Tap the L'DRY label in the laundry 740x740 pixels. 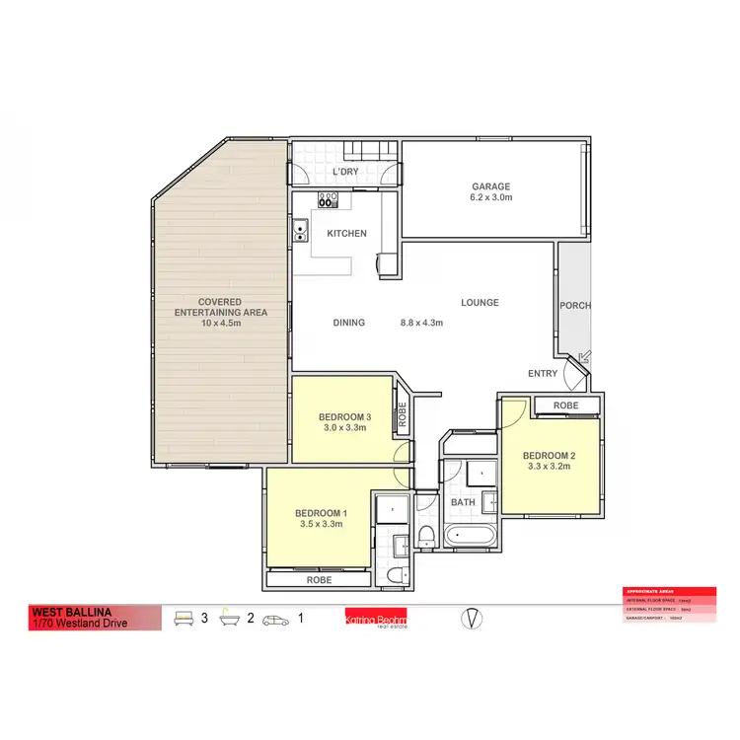(x=345, y=172)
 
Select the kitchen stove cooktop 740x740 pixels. (x=328, y=198)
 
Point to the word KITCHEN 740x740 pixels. (x=346, y=234)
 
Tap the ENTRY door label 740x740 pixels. (x=542, y=373)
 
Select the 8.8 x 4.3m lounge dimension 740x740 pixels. (x=421, y=322)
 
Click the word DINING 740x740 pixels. (x=349, y=322)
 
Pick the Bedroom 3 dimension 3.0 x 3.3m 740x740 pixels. (x=342, y=428)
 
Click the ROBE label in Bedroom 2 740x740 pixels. (x=566, y=406)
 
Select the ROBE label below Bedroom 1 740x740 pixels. (x=319, y=582)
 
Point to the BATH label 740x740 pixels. (x=463, y=502)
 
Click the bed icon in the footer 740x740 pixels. (x=183, y=619)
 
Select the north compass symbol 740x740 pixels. (x=473, y=619)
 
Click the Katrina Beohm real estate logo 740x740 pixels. (x=375, y=619)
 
